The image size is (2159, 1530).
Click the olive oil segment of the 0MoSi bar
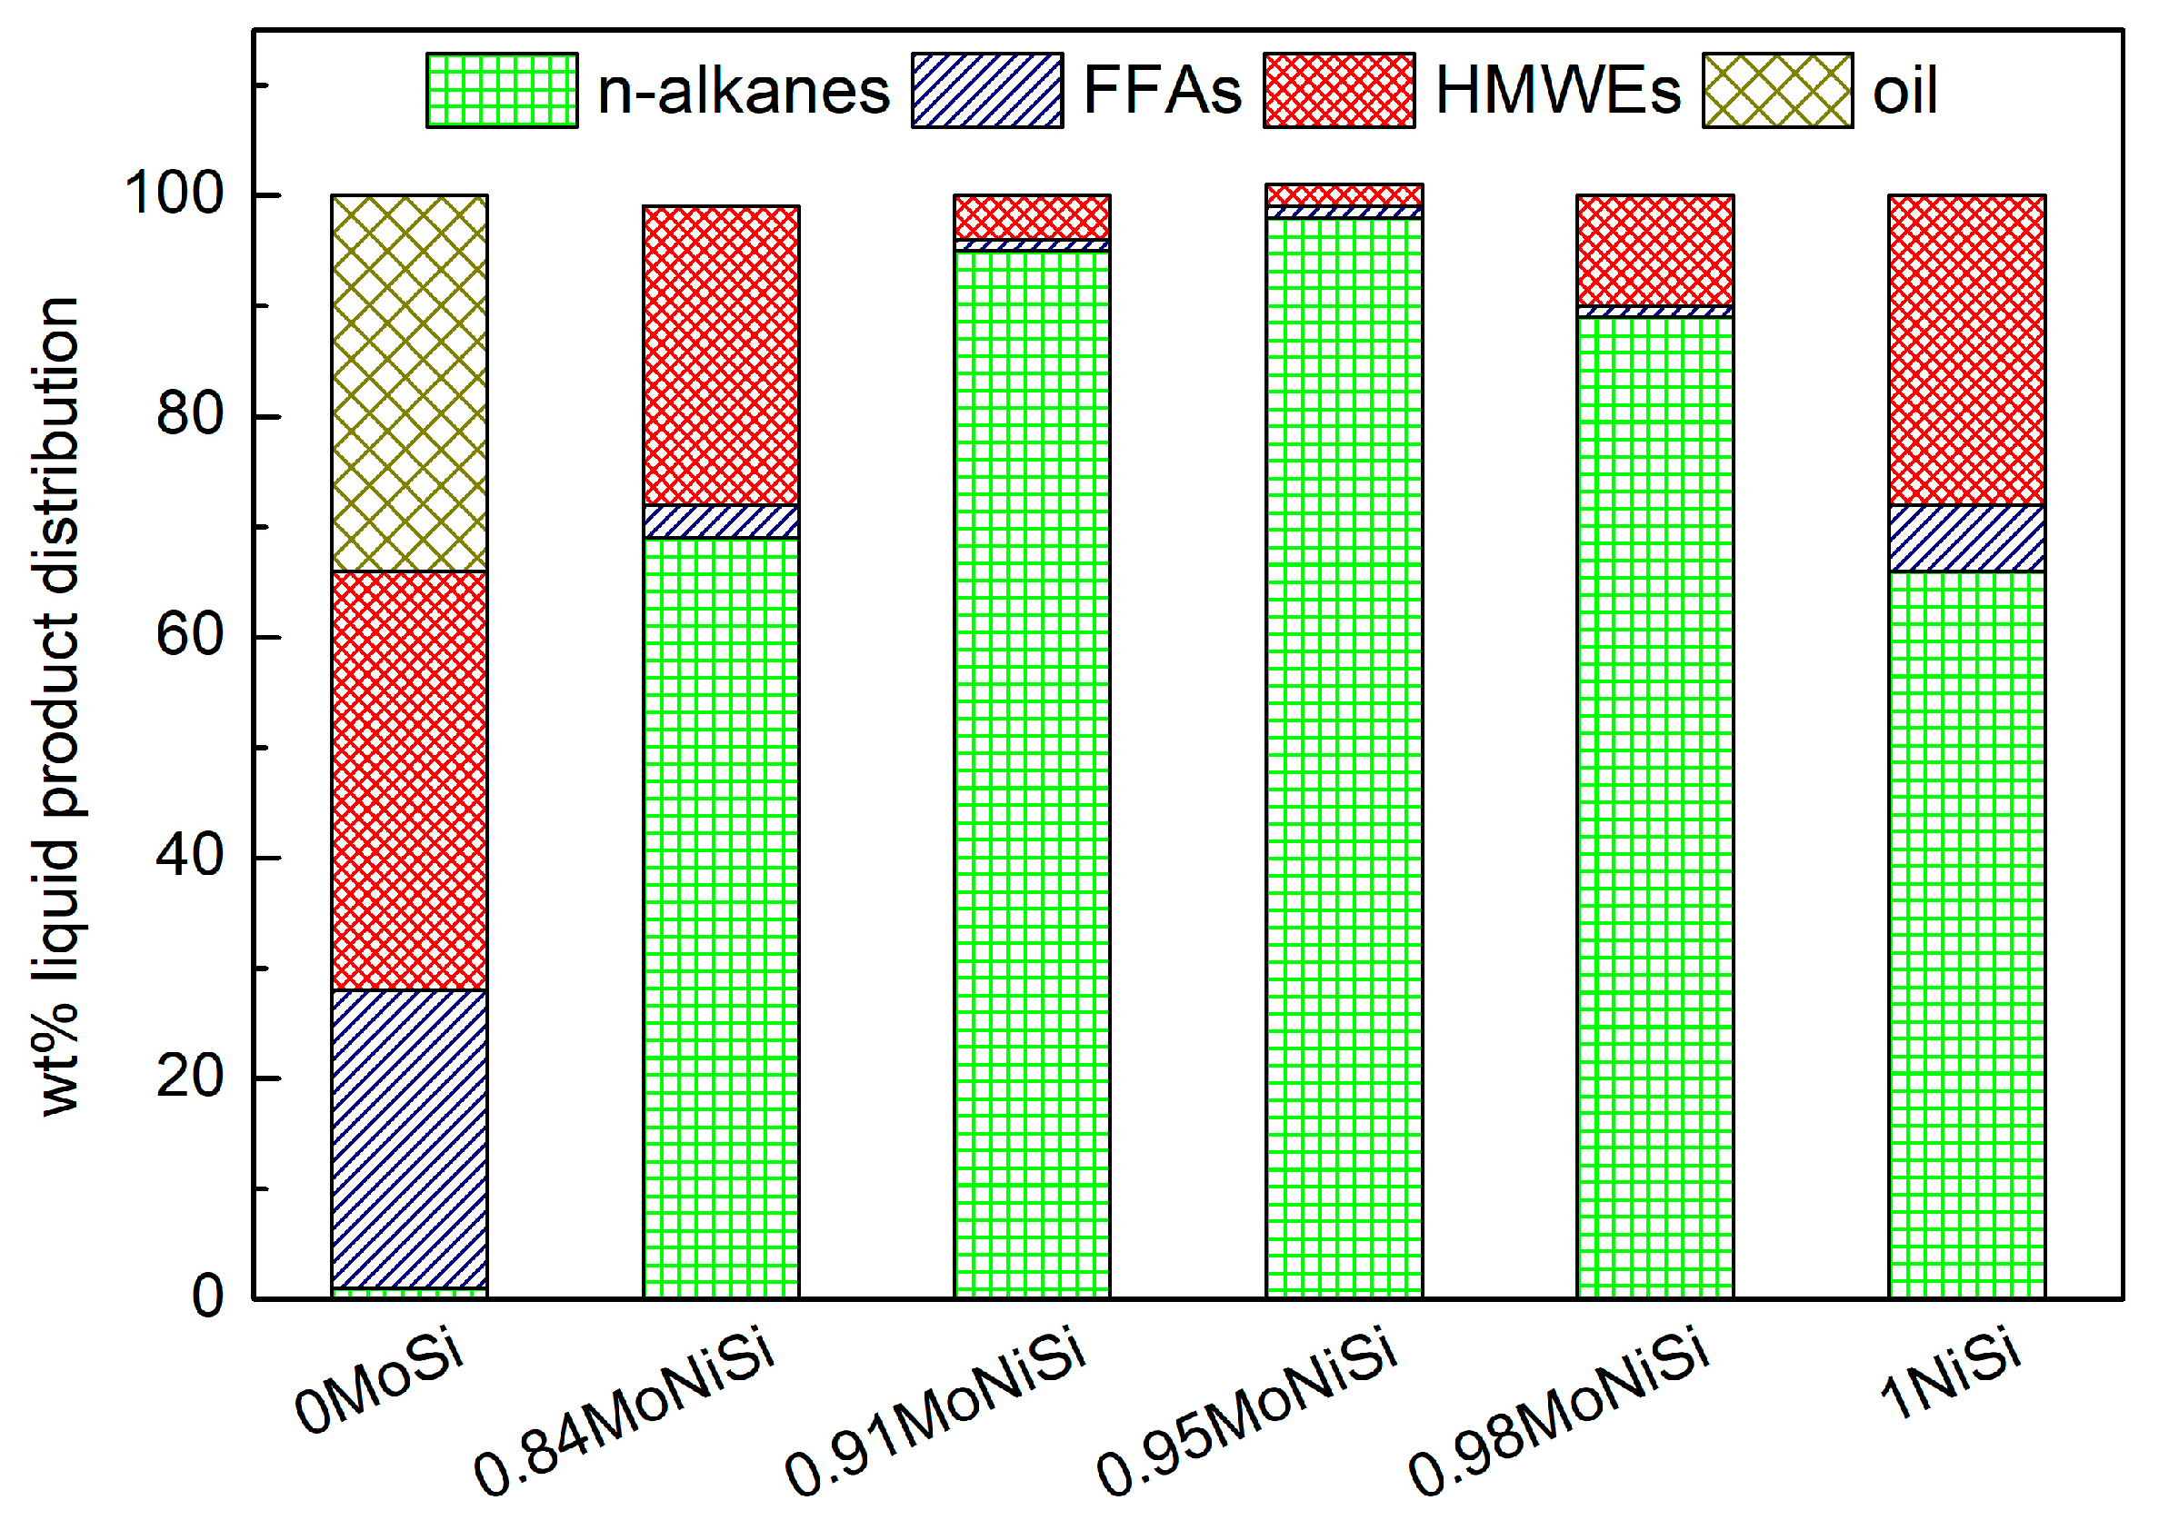pyautogui.click(x=409, y=383)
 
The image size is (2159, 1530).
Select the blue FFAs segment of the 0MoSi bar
pyautogui.click(x=409, y=1138)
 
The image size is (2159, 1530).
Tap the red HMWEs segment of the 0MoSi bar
pyautogui.click(x=409, y=780)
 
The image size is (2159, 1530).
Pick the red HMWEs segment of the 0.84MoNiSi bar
pyautogui.click(x=721, y=355)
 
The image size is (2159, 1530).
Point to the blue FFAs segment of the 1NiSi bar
pyautogui.click(x=1967, y=538)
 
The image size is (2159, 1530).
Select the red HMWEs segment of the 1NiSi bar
pyautogui.click(x=1967, y=350)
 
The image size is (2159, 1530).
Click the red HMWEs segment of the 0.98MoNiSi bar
pyautogui.click(x=1654, y=251)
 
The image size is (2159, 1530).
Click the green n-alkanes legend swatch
pyautogui.click(x=502, y=91)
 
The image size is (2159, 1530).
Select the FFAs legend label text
pyautogui.click(x=1162, y=91)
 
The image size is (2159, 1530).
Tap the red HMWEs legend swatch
pyautogui.click(x=1338, y=91)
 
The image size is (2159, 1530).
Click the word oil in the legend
pyautogui.click(x=1904, y=92)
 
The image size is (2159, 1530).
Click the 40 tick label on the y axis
pyautogui.click(x=189, y=857)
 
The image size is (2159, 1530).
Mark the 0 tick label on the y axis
pyautogui.click(x=207, y=1297)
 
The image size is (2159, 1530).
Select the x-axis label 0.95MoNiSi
pyautogui.click(x=1245, y=1410)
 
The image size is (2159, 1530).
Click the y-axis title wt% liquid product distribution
pyautogui.click(x=58, y=707)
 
